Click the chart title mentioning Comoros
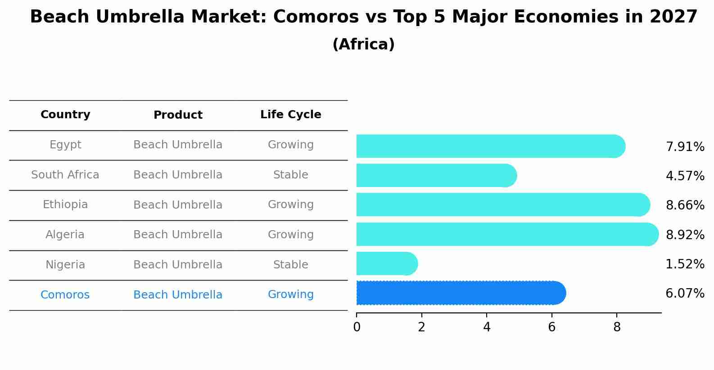click(x=363, y=17)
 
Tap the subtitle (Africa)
click(x=363, y=45)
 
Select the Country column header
click(x=65, y=115)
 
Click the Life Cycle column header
click(x=290, y=115)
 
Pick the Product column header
click(x=178, y=115)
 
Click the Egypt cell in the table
click(x=65, y=145)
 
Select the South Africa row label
click(x=65, y=175)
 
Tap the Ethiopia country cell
click(x=65, y=205)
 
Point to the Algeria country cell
click(x=65, y=235)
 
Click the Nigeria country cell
click(x=65, y=265)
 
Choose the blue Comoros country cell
click(x=65, y=295)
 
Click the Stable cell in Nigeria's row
click(x=290, y=265)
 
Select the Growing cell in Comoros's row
click(x=290, y=294)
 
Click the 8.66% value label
click(x=685, y=205)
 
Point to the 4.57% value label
click(x=685, y=176)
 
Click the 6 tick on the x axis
click(x=551, y=327)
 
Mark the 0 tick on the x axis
click(x=357, y=327)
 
